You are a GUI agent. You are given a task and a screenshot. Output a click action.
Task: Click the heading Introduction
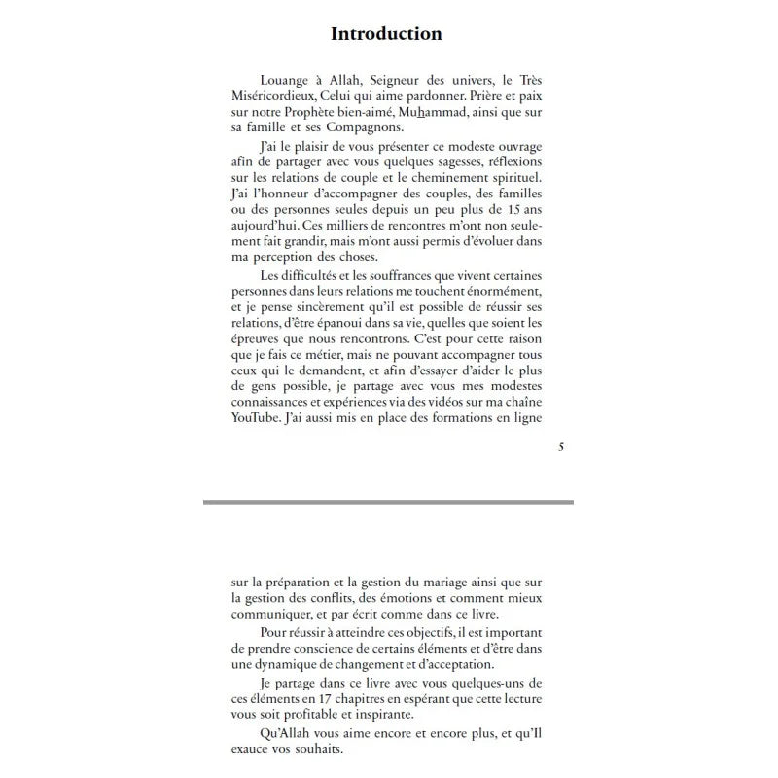(386, 34)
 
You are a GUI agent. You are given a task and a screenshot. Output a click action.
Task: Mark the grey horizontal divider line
(388, 502)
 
